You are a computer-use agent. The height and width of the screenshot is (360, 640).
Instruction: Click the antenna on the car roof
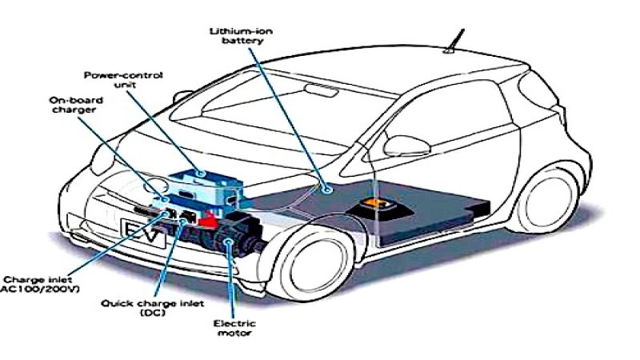click(x=458, y=39)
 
